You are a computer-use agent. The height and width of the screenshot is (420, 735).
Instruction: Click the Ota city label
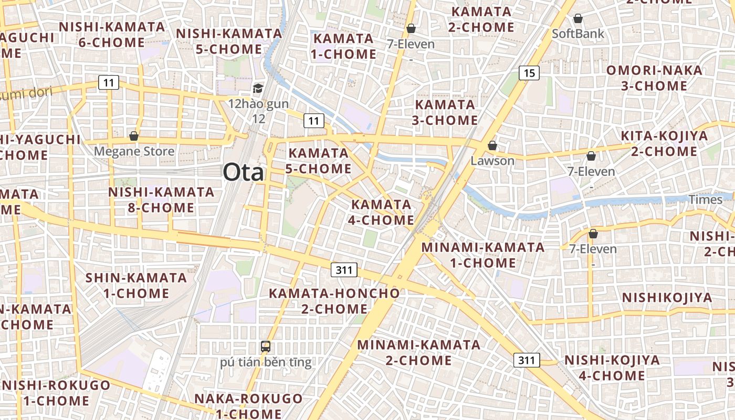point(244,172)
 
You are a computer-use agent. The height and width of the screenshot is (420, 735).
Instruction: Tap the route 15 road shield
point(529,73)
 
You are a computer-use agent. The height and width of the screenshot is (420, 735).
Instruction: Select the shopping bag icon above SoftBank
point(578,19)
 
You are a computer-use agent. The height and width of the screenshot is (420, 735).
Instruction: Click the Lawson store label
point(492,161)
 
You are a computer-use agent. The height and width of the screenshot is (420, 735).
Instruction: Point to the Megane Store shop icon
point(134,136)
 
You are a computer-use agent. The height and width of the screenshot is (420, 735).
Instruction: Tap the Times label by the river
point(706,199)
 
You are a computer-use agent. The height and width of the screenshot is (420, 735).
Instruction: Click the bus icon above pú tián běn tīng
point(266,346)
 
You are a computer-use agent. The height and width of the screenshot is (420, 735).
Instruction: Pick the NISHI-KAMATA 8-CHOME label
point(161,199)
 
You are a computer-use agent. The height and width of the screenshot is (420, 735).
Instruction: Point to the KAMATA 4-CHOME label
point(382,212)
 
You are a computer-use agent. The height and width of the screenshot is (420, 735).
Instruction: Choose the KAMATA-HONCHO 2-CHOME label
point(334,301)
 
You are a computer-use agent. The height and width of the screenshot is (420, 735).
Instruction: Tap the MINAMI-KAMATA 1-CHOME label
point(483,255)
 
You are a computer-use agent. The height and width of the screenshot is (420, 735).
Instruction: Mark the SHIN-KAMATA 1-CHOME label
point(136,285)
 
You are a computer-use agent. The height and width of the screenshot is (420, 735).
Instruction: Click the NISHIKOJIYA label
point(667,298)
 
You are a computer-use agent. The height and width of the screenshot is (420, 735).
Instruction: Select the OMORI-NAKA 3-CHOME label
point(654,78)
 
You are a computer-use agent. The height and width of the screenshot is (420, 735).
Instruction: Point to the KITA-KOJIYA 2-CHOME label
point(664,144)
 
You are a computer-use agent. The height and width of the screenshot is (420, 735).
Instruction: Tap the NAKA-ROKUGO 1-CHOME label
point(248,406)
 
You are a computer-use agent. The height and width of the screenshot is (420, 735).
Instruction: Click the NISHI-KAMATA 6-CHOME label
point(111,35)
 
